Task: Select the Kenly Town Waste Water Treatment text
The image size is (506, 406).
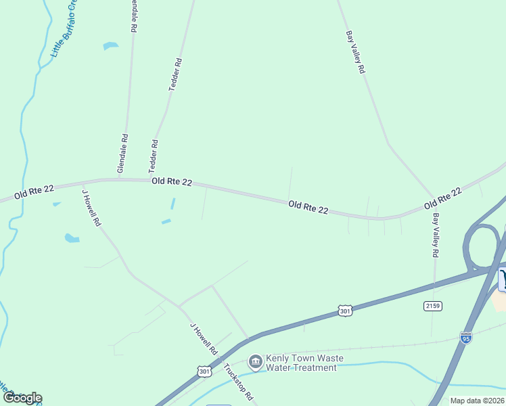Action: pyautogui.click(x=301, y=363)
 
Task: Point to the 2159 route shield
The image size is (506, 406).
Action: pyautogui.click(x=434, y=307)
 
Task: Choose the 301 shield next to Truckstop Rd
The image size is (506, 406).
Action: pyautogui.click(x=204, y=371)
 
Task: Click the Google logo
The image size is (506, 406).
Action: pyautogui.click(x=22, y=398)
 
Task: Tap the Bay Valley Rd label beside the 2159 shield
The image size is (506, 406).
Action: pyautogui.click(x=436, y=235)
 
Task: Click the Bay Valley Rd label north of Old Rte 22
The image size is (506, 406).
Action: pyautogui.click(x=356, y=52)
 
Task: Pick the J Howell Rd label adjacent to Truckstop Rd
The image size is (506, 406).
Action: pyautogui.click(x=203, y=339)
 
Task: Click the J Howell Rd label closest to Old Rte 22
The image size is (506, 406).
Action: pyautogui.click(x=91, y=207)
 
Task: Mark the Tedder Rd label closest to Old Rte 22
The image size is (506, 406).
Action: pyautogui.click(x=154, y=156)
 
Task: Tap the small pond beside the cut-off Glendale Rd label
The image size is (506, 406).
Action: pyautogui.click(x=110, y=46)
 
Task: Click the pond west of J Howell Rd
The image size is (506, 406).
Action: pyautogui.click(x=72, y=238)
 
